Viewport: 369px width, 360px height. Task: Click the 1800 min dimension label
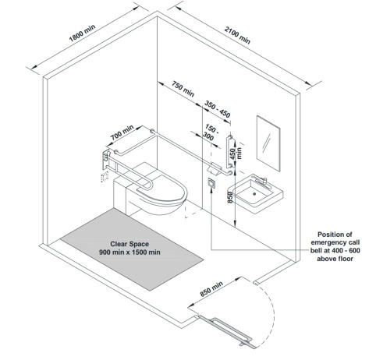82,33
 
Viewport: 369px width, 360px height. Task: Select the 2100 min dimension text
237,35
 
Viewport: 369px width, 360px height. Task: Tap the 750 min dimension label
183,89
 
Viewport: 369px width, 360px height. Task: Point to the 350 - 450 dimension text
218,109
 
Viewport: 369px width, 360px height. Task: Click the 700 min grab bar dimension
122,132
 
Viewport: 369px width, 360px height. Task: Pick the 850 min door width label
211,288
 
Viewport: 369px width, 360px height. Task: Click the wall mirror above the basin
268,143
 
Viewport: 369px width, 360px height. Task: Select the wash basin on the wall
255,193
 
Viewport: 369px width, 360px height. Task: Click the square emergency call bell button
211,182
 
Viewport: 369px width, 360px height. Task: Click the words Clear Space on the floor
130,244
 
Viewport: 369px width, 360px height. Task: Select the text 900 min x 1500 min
130,252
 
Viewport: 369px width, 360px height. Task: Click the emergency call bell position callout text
335,246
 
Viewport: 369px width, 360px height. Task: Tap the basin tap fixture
260,180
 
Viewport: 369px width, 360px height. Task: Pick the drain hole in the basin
254,193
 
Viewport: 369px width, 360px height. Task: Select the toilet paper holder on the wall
214,168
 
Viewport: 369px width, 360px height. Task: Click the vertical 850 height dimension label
230,198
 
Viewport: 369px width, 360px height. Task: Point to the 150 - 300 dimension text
211,132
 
